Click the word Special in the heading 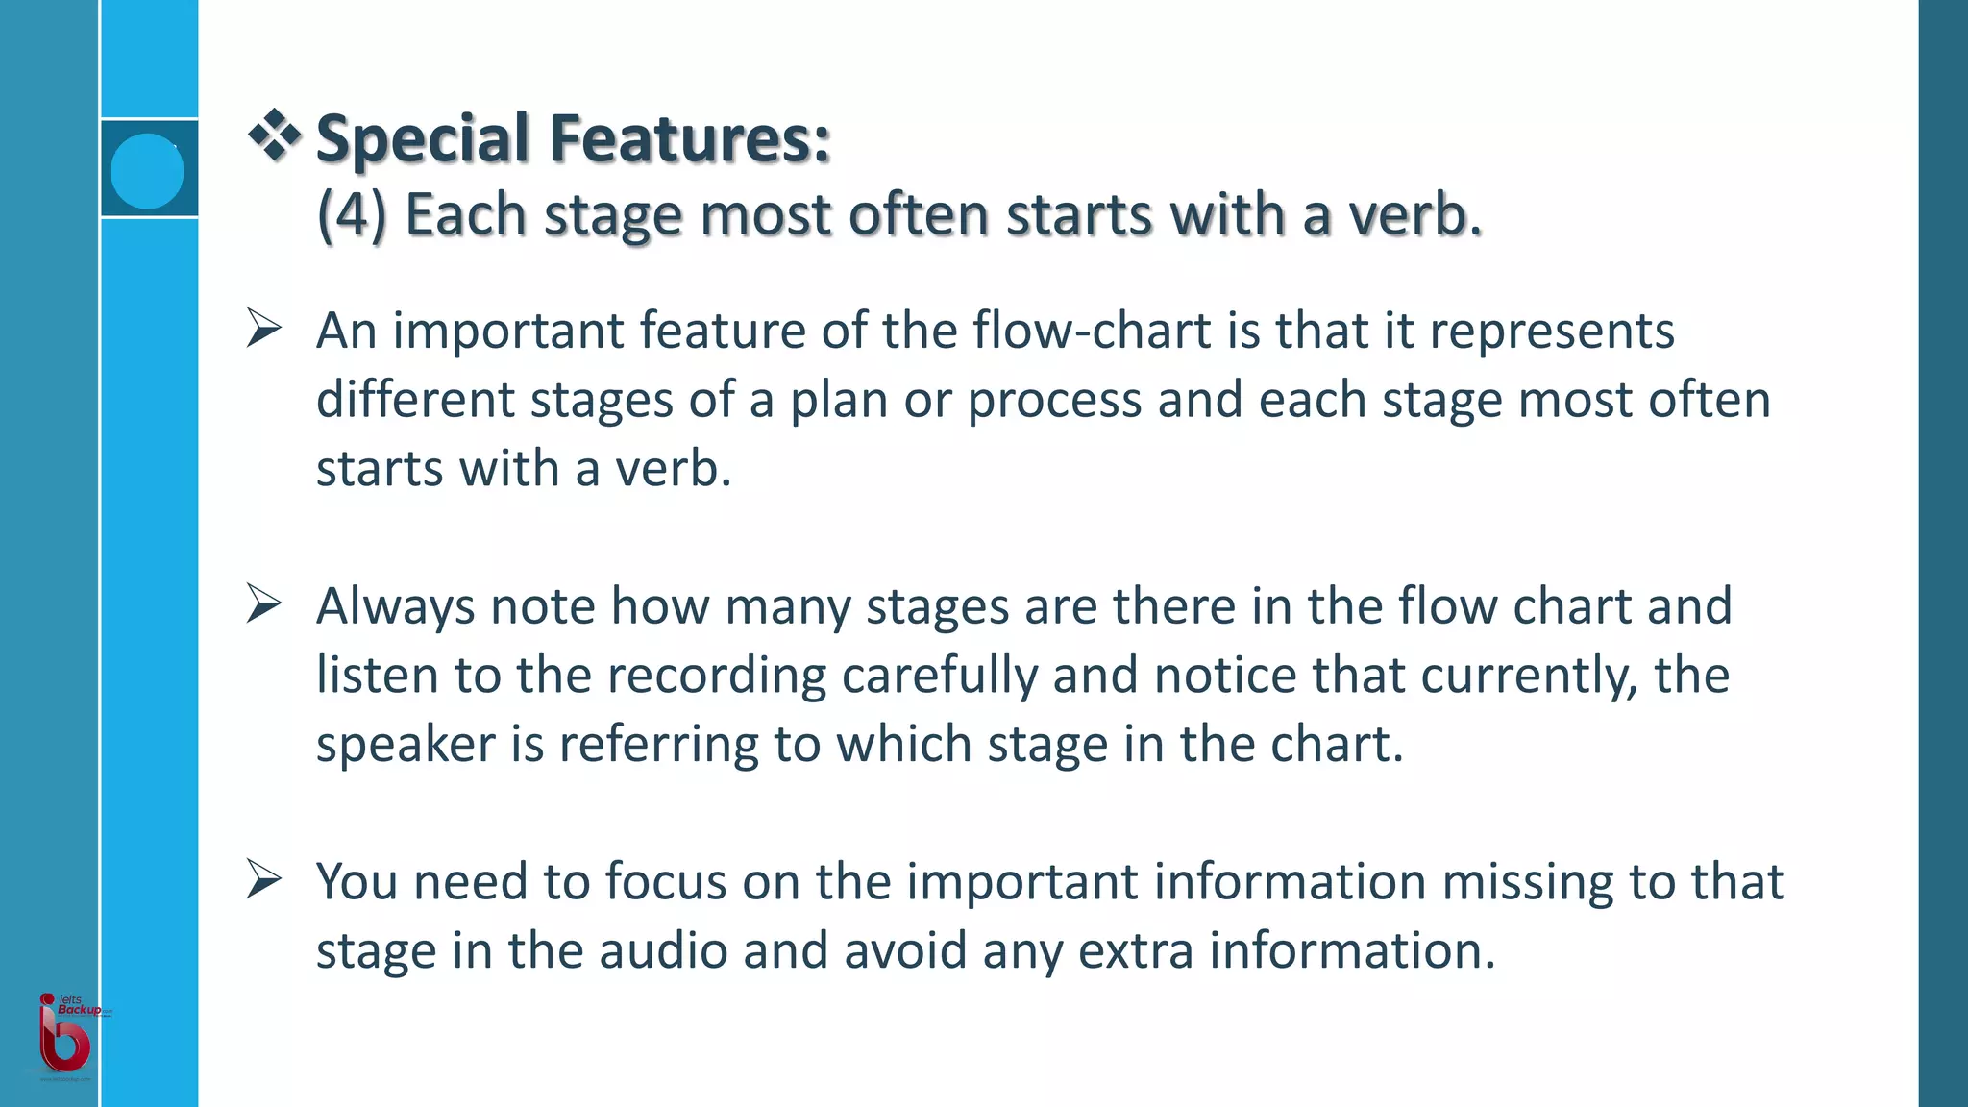(x=424, y=139)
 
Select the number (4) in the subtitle (x=352, y=213)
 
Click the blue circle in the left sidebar (x=147, y=171)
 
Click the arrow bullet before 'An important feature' (x=263, y=328)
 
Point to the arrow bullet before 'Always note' (x=263, y=603)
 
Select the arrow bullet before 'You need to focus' (x=263, y=879)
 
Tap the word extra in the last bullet (x=1135, y=951)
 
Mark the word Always (x=396, y=607)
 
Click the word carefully (x=939, y=676)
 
